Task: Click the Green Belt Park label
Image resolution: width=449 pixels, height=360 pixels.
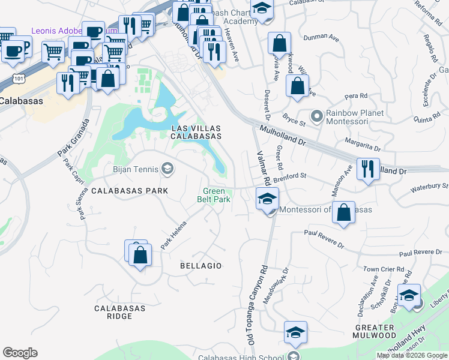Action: pyautogui.click(x=214, y=195)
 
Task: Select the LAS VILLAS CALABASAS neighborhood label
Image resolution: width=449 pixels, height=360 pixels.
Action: pyautogui.click(x=196, y=133)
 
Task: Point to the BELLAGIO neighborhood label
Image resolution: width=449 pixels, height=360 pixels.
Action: pyautogui.click(x=201, y=265)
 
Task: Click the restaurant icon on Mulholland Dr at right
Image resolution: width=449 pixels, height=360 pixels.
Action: pyautogui.click(x=367, y=169)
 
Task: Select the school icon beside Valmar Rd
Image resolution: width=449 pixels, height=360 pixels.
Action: pyautogui.click(x=267, y=198)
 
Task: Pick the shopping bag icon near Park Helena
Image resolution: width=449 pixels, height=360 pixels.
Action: pyautogui.click(x=140, y=254)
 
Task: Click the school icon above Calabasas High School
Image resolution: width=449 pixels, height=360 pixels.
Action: pyautogui.click(x=295, y=332)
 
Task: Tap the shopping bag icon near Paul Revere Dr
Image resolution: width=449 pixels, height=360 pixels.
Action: pyautogui.click(x=343, y=213)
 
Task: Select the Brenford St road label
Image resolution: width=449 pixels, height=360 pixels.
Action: pyautogui.click(x=290, y=178)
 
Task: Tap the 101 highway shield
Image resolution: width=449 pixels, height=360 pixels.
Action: pyautogui.click(x=20, y=78)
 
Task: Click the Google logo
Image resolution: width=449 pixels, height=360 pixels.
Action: pyautogui.click(x=20, y=353)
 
